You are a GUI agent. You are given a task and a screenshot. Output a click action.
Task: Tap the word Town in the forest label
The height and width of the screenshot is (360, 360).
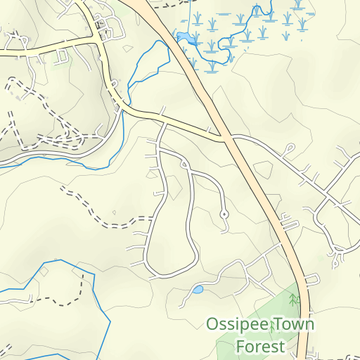pyautogui.click(x=294, y=325)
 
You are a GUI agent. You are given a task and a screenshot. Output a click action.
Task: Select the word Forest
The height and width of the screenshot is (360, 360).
pyautogui.click(x=260, y=346)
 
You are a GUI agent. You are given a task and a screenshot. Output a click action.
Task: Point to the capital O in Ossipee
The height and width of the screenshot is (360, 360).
pyautogui.click(x=212, y=325)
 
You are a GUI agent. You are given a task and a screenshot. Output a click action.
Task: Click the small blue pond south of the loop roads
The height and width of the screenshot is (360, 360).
pyautogui.click(x=198, y=289)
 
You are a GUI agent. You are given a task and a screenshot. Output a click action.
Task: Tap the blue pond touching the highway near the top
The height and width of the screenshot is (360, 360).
pyautogui.click(x=183, y=37)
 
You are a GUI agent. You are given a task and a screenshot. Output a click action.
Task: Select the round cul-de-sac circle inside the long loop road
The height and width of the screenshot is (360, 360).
pyautogui.click(x=224, y=214)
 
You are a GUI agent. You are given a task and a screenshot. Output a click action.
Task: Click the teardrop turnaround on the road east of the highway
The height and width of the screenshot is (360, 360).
pyautogui.click(x=288, y=150)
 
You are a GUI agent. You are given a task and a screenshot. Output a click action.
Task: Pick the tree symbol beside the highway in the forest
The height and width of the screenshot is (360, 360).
pyautogui.click(x=294, y=300)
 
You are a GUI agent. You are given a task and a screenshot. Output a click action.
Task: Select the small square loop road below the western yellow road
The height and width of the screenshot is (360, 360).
pyautogui.click(x=62, y=56)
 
